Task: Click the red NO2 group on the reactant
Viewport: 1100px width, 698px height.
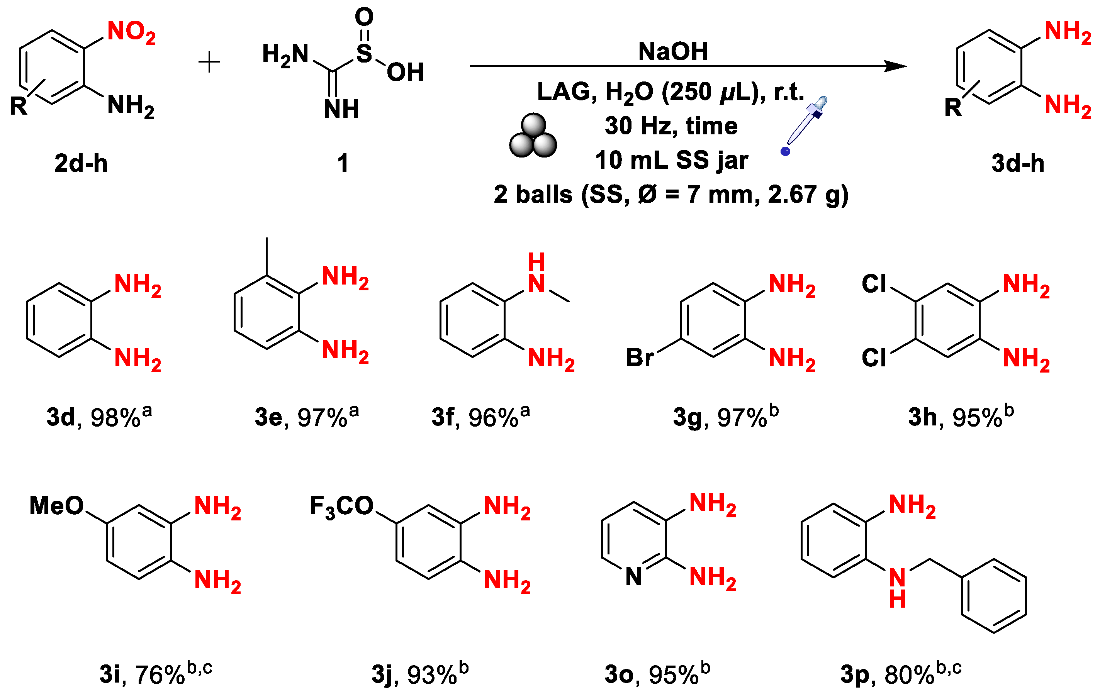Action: pyautogui.click(x=131, y=32)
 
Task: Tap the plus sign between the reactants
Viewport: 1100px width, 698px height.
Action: pyautogui.click(x=209, y=62)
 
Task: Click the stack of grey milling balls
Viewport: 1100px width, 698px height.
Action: pyautogui.click(x=533, y=136)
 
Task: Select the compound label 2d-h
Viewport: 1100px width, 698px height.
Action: pyautogui.click(x=81, y=163)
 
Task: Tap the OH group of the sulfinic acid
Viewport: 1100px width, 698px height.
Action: pyautogui.click(x=405, y=72)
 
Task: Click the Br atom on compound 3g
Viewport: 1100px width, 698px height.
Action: pyautogui.click(x=639, y=357)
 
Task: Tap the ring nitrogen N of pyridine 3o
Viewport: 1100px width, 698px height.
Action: pyautogui.click(x=633, y=576)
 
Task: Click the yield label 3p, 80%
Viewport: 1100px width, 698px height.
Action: pyautogui.click(x=900, y=673)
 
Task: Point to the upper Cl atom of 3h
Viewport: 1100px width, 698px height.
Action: pyautogui.click(x=873, y=283)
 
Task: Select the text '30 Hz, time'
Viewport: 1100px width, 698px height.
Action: pyautogui.click(x=671, y=126)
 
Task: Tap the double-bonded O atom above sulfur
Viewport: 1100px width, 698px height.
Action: pyautogui.click(x=364, y=17)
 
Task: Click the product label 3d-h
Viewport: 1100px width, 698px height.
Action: pyautogui.click(x=1018, y=163)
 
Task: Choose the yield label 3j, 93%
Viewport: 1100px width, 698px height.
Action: pyautogui.click(x=419, y=673)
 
